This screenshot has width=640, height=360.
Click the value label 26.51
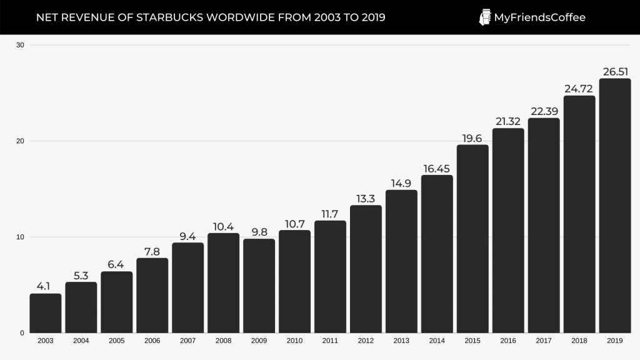pos(614,71)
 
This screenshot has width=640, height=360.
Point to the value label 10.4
pos(223,226)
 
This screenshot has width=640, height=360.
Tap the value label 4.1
pos(46,286)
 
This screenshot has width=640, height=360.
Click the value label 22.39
pos(544,111)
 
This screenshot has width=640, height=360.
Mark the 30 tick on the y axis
pos(20,45)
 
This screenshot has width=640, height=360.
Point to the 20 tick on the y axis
pos(20,141)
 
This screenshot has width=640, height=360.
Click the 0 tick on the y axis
pos(22,333)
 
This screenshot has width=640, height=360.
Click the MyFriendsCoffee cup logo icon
pos(484,17)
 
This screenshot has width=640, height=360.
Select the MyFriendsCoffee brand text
pos(539,17)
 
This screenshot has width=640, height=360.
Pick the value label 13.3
pos(366,198)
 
